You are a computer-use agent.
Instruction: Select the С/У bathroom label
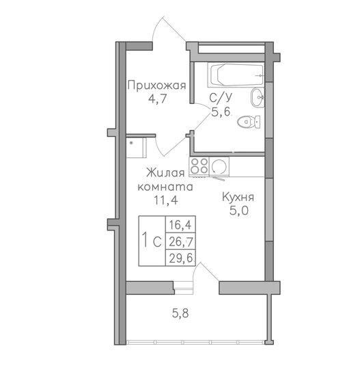[219, 98]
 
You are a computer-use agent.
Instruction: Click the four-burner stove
[199, 165]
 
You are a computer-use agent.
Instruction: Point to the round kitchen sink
[220, 166]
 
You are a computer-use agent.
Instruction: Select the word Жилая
[165, 172]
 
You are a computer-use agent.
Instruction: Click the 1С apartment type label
[152, 241]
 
